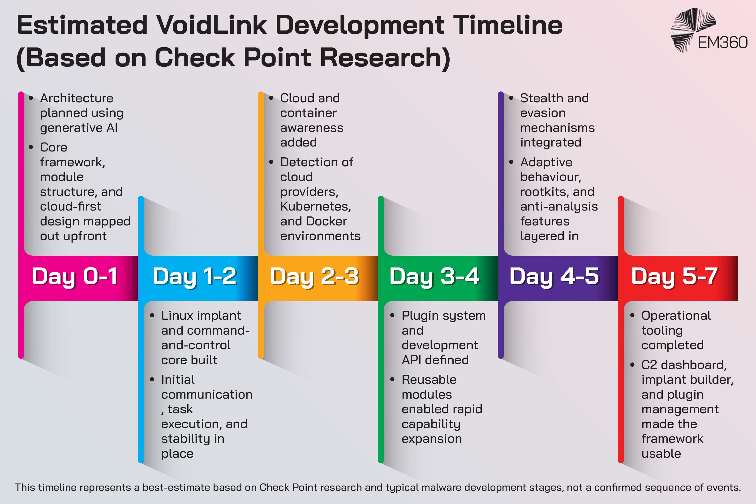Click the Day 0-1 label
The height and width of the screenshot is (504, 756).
(x=75, y=276)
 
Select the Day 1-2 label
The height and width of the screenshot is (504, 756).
(x=194, y=276)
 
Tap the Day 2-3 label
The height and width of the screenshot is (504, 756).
(x=314, y=276)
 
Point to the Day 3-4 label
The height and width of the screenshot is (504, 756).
(x=434, y=276)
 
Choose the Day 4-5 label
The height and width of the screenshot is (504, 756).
(x=554, y=276)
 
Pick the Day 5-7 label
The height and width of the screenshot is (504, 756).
(x=674, y=276)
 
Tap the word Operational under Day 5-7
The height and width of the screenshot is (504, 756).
(x=676, y=316)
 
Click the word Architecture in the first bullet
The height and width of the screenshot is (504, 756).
(x=77, y=98)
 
